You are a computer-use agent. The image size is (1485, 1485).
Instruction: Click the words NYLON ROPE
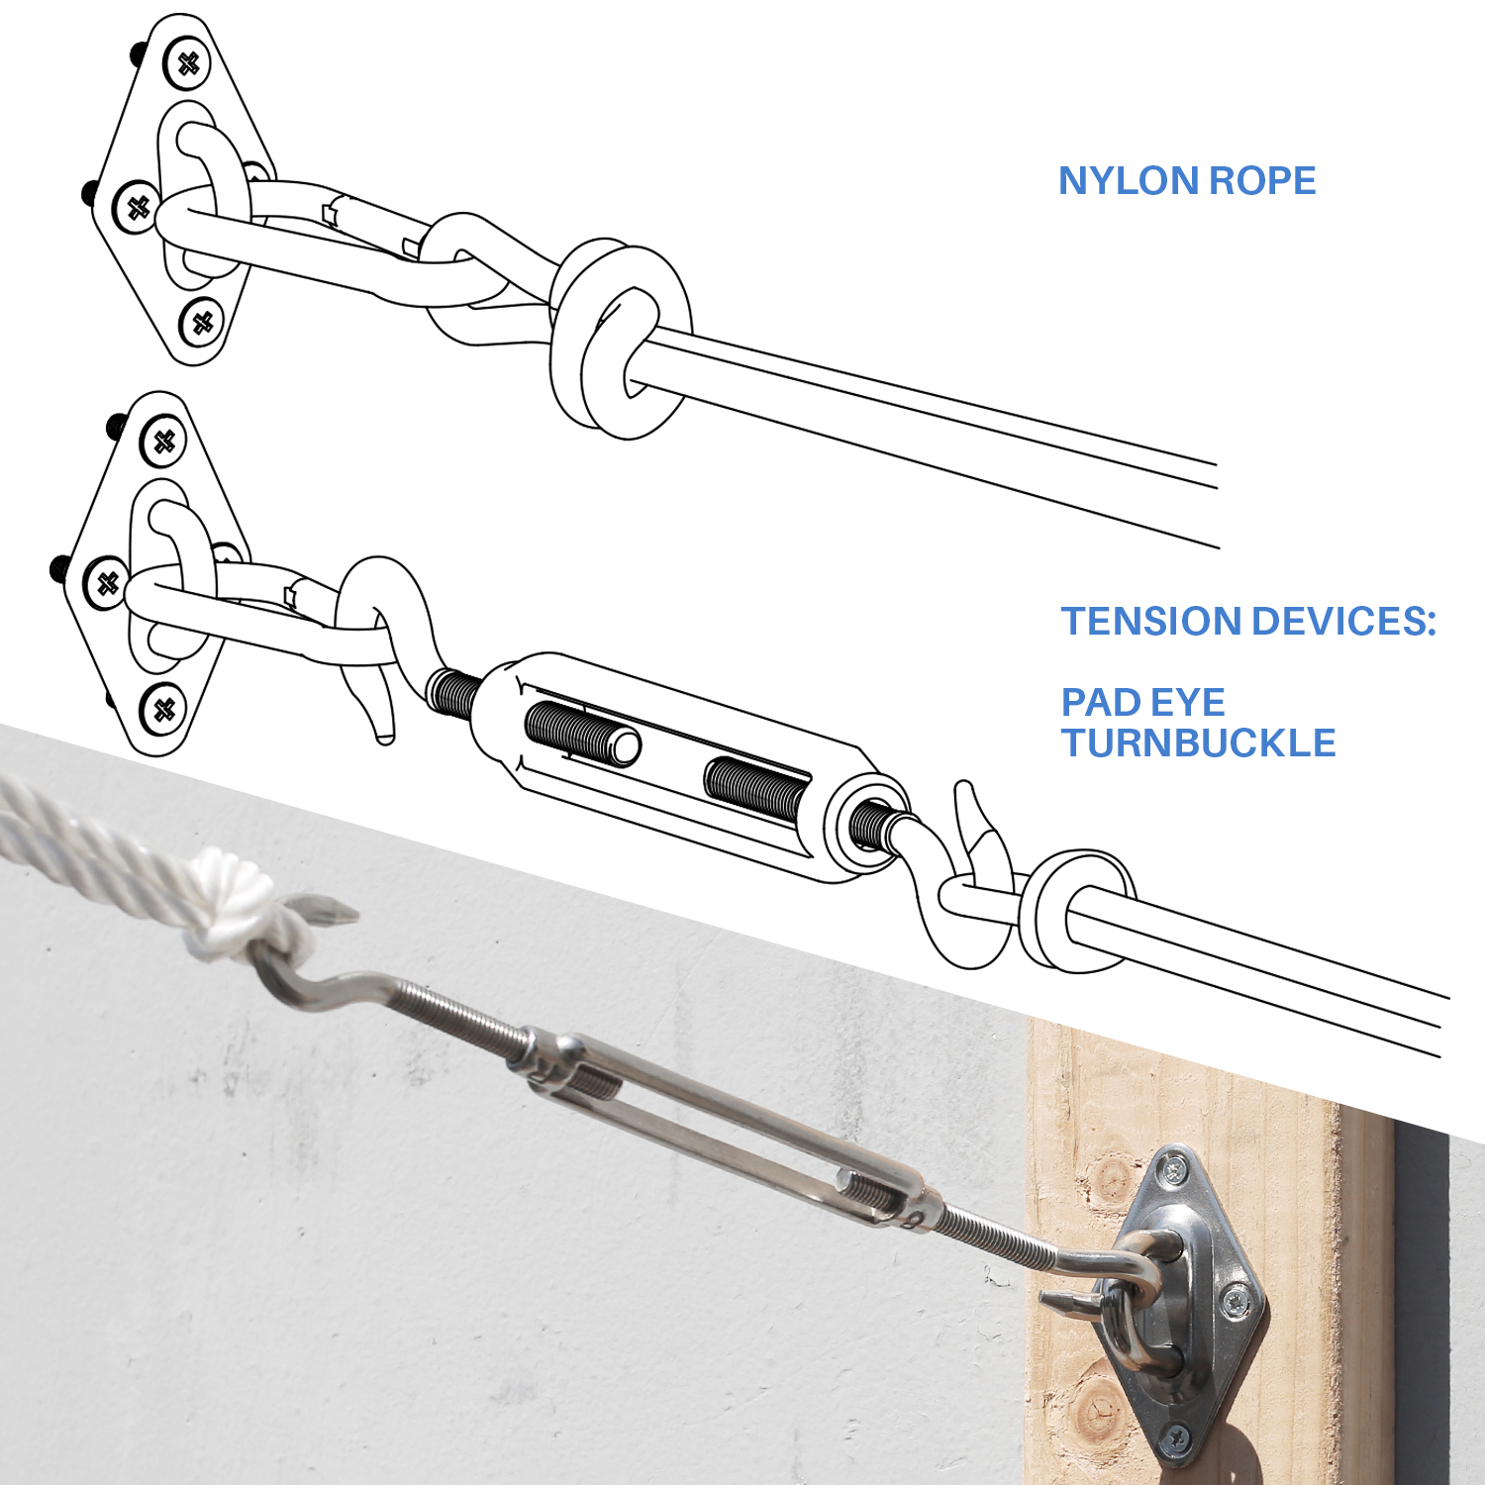[1187, 181]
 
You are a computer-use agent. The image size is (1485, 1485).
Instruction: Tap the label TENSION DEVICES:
[1248, 622]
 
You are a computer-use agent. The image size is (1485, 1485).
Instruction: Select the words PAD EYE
[1143, 703]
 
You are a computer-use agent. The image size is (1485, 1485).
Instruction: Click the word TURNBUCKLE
[1199, 743]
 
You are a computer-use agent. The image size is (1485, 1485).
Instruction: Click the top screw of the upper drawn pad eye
[187, 63]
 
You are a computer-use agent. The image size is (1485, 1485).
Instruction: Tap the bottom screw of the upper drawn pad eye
[203, 323]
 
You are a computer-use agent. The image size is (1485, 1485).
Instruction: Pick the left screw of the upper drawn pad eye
[137, 208]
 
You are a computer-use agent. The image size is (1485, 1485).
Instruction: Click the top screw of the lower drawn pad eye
[164, 442]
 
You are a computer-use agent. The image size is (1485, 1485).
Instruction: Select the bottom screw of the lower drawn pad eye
[164, 709]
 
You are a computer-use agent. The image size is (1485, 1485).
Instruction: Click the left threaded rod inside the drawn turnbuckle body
[582, 734]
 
